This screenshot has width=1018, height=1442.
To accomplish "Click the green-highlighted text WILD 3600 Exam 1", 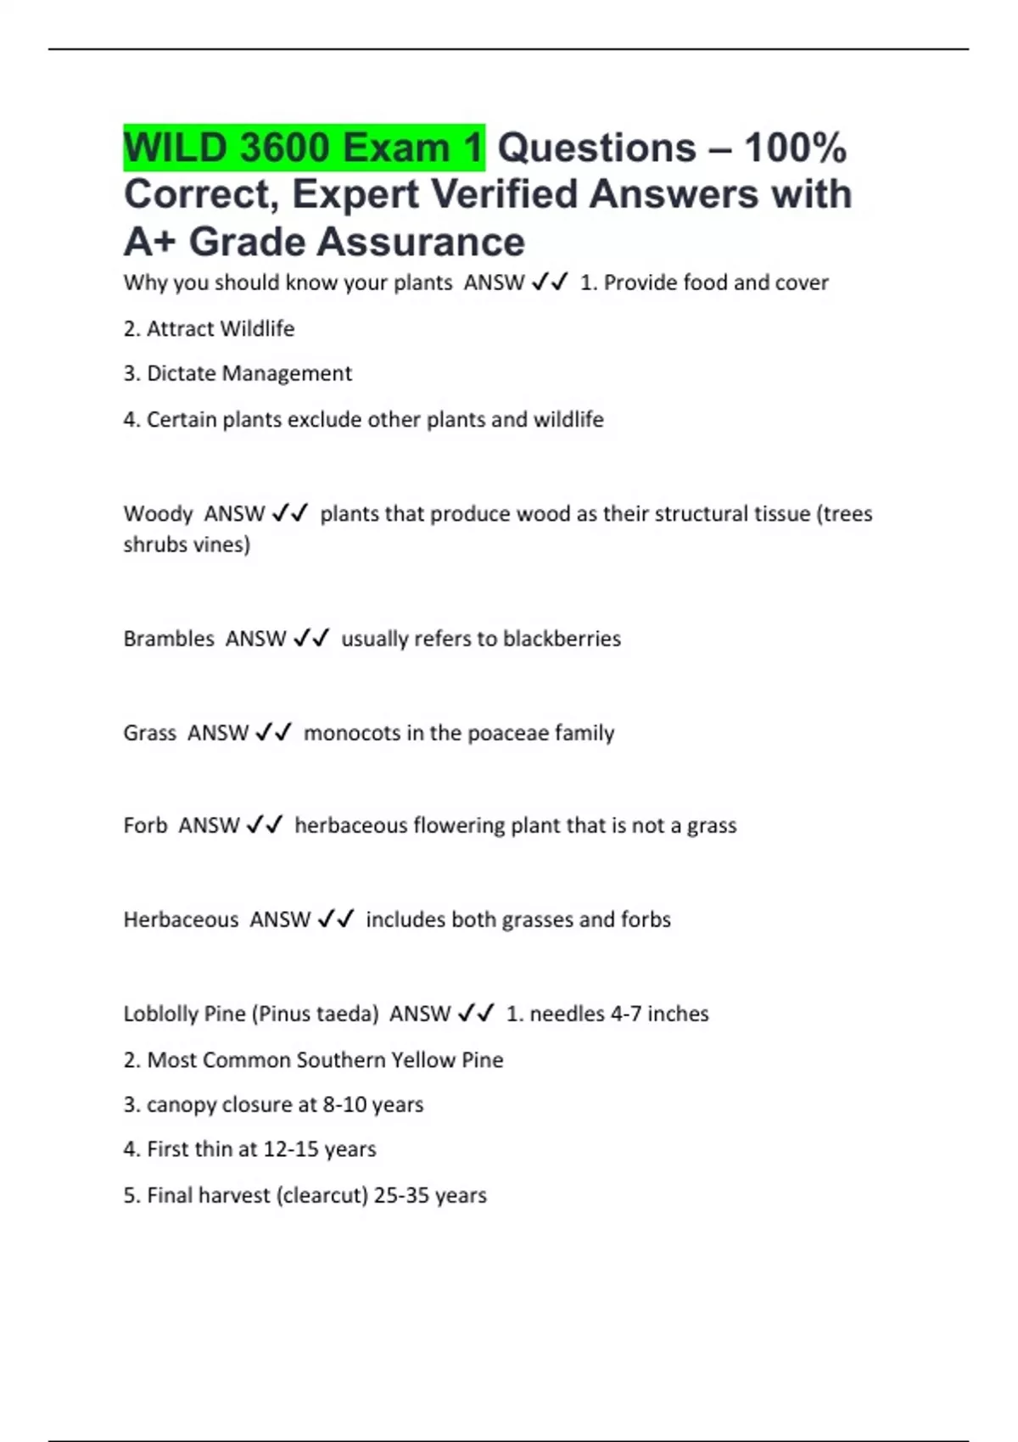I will point(304,148).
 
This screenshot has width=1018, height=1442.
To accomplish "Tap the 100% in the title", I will point(795,148).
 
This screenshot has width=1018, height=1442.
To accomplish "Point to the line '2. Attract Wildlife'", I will point(209,329).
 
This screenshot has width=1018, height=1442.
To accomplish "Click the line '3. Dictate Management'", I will point(238,374).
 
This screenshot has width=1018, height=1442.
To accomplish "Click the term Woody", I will point(158,514).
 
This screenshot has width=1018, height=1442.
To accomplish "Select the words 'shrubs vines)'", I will point(187,545).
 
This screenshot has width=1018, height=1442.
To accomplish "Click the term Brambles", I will point(169,639).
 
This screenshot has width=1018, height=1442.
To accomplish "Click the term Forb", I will point(145,825).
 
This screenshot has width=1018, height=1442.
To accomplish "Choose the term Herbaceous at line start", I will point(181,919).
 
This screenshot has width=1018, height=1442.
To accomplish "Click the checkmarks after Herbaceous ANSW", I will point(336,919).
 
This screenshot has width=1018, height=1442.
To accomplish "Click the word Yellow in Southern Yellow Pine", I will point(422,1060).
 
